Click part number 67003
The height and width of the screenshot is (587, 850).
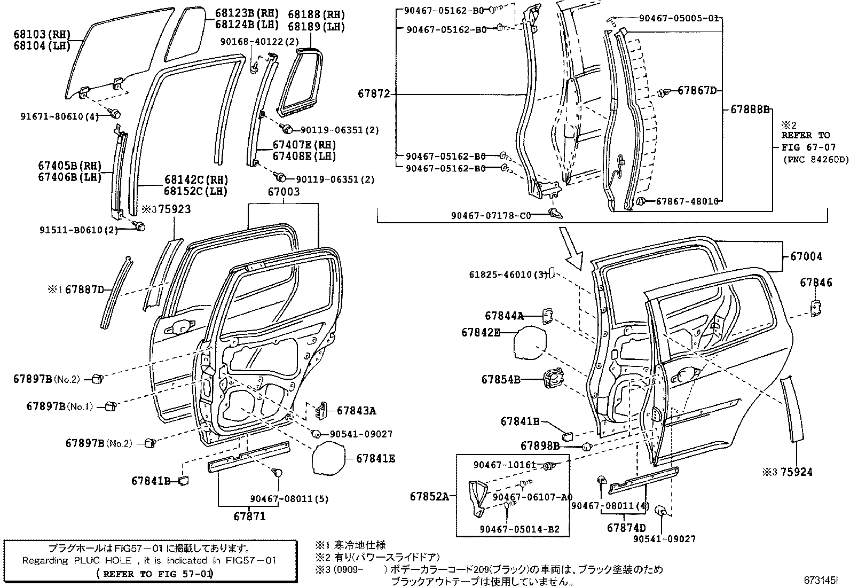[x=283, y=192]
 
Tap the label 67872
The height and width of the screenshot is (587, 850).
[x=374, y=95]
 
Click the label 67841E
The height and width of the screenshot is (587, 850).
[x=376, y=458]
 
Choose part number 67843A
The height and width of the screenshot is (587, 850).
[x=356, y=411]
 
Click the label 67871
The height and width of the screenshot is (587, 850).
[x=249, y=516]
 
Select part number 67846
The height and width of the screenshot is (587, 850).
[x=816, y=283]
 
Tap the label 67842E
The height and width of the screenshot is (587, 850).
[x=481, y=332]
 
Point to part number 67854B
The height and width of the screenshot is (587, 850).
[x=501, y=380]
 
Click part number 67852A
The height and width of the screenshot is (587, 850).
[x=429, y=496]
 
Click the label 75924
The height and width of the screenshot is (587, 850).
[x=796, y=472]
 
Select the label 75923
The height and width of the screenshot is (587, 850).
[x=174, y=210]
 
